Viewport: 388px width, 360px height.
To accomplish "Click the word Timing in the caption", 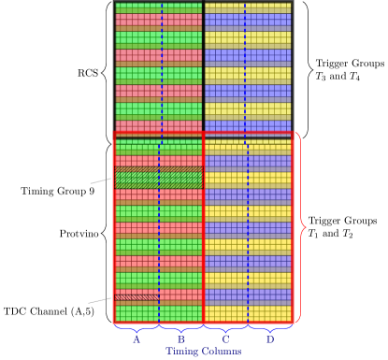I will tap(182, 352).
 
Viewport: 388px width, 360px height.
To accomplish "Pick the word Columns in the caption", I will tap(222, 352).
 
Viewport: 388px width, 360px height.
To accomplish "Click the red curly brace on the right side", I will tap(301, 228).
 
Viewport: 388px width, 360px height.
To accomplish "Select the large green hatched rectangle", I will tap(158, 178).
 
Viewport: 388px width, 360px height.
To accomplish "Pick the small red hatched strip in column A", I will tap(137, 297).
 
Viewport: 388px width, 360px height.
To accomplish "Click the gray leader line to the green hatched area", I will tap(100, 180).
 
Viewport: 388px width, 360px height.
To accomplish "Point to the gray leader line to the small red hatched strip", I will tap(99, 301).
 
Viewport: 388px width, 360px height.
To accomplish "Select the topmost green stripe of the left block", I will tap(158, 7).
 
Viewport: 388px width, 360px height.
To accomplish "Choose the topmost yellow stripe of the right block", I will tap(247, 7).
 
